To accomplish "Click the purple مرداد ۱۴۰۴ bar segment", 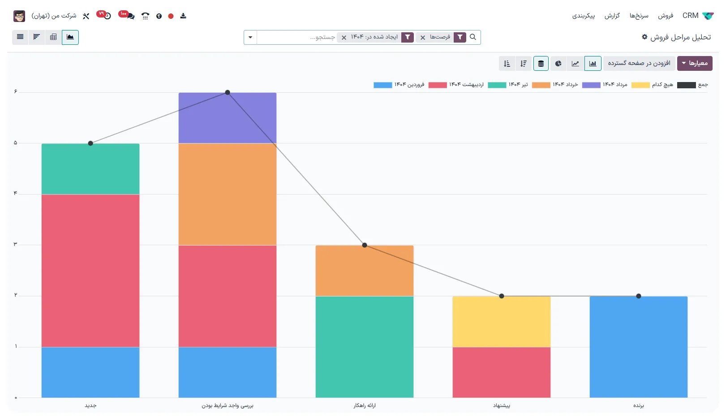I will pyautogui.click(x=227, y=118).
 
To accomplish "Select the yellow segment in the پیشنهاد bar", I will pyautogui.click(x=501, y=321).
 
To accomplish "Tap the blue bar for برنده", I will pyautogui.click(x=638, y=346).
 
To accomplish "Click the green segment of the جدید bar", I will pyautogui.click(x=90, y=169).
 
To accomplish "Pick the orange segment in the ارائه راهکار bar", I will pyautogui.click(x=364, y=271).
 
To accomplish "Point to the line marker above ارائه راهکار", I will pyautogui.click(x=365, y=245).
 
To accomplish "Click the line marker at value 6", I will pyautogui.click(x=228, y=92).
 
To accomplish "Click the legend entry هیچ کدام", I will pyautogui.click(x=653, y=85).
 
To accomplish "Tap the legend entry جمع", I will pyautogui.click(x=693, y=85).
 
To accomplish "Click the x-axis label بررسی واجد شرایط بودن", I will pyautogui.click(x=227, y=406).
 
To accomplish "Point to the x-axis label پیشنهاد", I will pyautogui.click(x=501, y=406).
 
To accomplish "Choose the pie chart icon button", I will pyautogui.click(x=558, y=64).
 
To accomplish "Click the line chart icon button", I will pyautogui.click(x=576, y=64).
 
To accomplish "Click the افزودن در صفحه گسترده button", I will pyautogui.click(x=639, y=64).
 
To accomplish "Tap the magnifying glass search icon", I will pyautogui.click(x=473, y=37).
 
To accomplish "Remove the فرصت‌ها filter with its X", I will pyautogui.click(x=423, y=38).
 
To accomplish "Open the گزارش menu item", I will pyautogui.click(x=612, y=16).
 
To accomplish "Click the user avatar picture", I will pyautogui.click(x=19, y=16).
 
